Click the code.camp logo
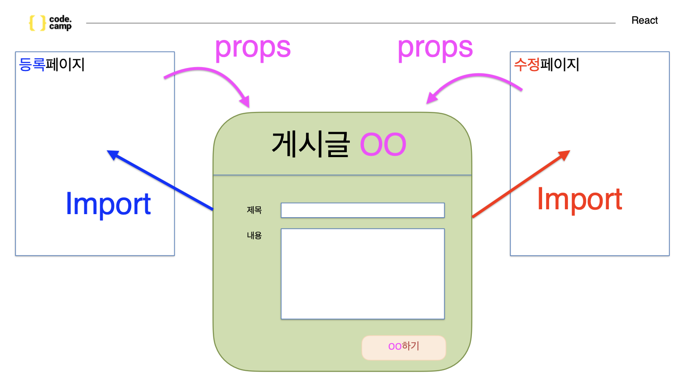[x=50, y=22]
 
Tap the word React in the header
[x=644, y=20]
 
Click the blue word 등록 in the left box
[x=32, y=65]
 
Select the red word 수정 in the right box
[x=527, y=65]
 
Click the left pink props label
[x=252, y=48]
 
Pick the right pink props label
[x=435, y=48]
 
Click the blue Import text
[x=108, y=204]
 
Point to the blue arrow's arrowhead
[x=113, y=154]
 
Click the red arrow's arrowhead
[x=564, y=155]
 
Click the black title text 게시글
[x=310, y=144]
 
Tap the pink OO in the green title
[x=383, y=145]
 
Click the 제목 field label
[x=254, y=210]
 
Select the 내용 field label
[x=254, y=236]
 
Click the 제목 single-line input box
[x=363, y=210]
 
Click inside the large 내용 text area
[x=363, y=273]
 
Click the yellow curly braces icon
[x=37, y=23]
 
